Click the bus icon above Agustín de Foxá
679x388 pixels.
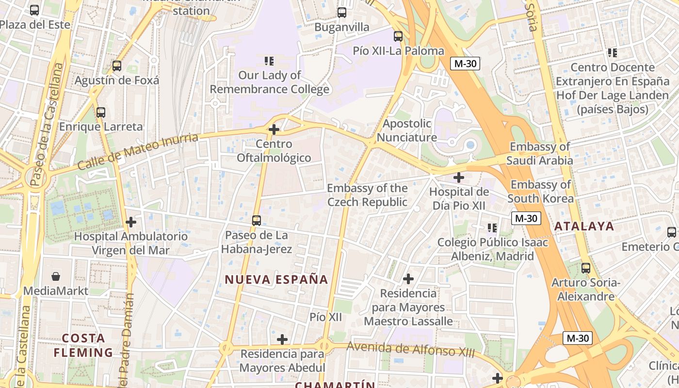(116, 66)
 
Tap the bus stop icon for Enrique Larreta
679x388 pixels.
(101, 113)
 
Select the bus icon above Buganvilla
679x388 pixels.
(342, 13)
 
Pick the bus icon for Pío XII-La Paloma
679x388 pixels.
(398, 36)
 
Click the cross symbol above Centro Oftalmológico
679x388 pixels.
(274, 129)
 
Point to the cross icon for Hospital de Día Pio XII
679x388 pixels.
(458, 178)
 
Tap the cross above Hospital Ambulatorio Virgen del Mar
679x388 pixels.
(130, 222)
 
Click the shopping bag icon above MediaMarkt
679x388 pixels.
(56, 276)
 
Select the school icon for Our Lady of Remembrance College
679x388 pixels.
(269, 61)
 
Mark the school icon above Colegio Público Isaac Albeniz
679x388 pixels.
(492, 227)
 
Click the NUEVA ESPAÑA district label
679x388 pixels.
(276, 279)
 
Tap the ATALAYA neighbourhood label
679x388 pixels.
(584, 226)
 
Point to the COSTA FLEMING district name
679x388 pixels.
(83, 345)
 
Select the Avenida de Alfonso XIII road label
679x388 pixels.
(411, 349)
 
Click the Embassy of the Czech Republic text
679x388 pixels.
(367, 195)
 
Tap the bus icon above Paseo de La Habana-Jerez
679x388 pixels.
(257, 221)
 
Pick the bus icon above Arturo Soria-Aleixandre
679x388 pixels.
(586, 268)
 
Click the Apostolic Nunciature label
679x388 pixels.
(406, 130)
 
